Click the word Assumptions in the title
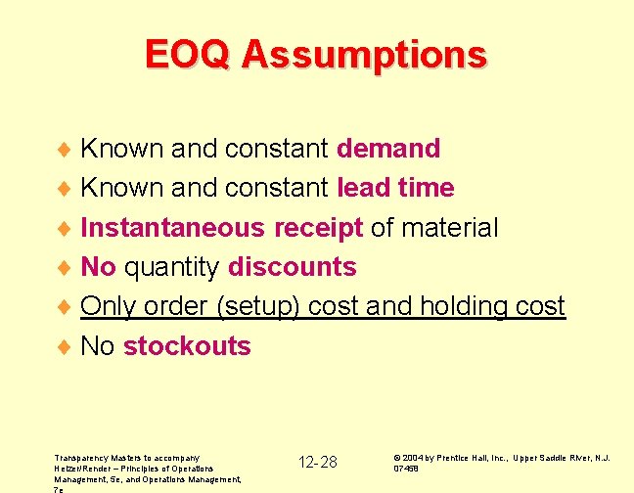(x=364, y=56)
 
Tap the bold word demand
(x=388, y=149)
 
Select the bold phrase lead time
(x=395, y=188)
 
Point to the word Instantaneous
(x=173, y=228)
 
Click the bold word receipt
(x=318, y=229)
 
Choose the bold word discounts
(x=292, y=267)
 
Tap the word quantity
(x=172, y=268)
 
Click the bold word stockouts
(x=187, y=346)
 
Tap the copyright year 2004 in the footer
(x=411, y=457)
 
